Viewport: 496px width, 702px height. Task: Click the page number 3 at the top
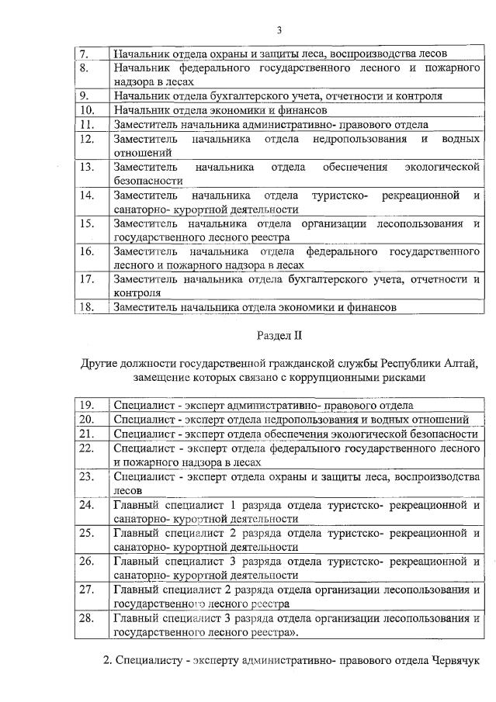pyautogui.click(x=279, y=30)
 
